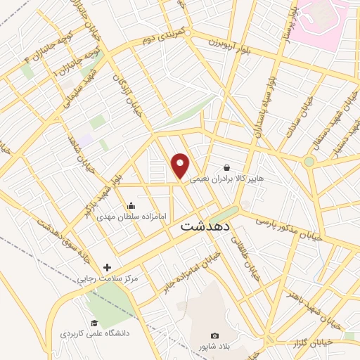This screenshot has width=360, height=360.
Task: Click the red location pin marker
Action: [181, 165]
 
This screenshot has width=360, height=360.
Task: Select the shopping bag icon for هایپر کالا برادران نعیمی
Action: [226, 168]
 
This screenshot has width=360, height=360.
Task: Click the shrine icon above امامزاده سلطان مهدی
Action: [131, 206]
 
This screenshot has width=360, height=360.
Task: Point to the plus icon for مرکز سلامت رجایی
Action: [107, 267]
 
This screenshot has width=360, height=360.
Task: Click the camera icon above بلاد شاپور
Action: [214, 335]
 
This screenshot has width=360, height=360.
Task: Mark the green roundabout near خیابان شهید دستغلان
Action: [309, 162]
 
